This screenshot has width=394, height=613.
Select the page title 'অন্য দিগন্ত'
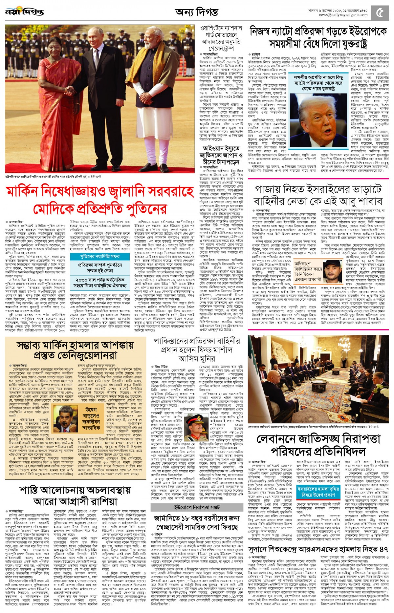pos(196,12)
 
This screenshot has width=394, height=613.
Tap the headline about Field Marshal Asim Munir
pos(197,349)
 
